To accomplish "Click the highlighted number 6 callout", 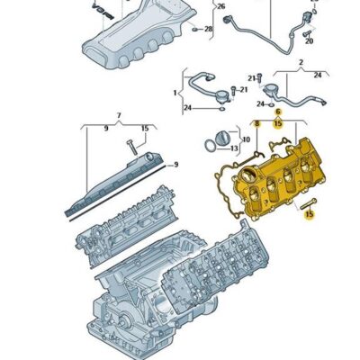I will [277, 112].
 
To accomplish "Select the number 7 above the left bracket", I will [118, 116].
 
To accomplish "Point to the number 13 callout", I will [234, 148].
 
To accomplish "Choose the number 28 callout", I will [209, 30].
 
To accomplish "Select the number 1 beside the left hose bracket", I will [176, 93].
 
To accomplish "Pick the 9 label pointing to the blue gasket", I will [175, 164].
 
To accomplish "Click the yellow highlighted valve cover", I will [279, 171].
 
